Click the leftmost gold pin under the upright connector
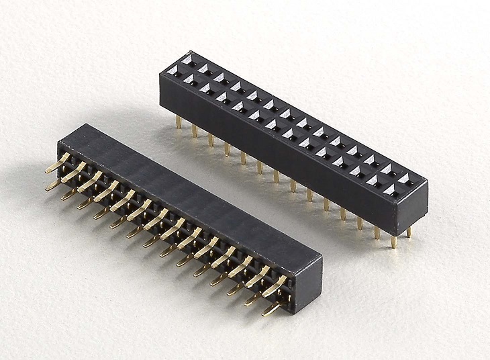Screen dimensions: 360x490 click(x=179, y=121)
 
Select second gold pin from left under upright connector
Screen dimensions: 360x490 click(x=195, y=130)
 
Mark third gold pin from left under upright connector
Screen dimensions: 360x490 click(x=211, y=138)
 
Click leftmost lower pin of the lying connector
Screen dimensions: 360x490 click(x=54, y=185)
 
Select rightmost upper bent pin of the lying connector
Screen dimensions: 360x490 click(x=275, y=289)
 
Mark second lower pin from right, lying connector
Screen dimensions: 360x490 click(x=252, y=300)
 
